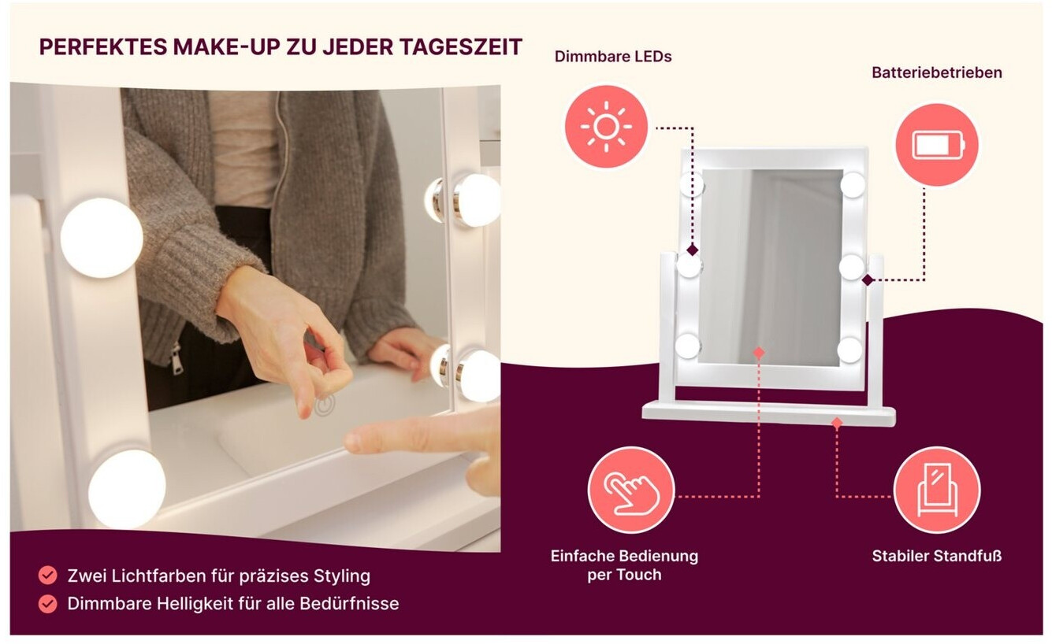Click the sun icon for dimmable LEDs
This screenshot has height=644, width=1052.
606,127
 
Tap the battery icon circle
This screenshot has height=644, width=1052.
938,144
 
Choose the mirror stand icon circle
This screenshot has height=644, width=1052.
937,490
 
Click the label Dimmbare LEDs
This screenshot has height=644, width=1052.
613,57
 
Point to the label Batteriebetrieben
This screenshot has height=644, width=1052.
937,72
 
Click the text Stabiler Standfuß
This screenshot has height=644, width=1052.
937,557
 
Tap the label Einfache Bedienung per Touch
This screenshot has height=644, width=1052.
624,565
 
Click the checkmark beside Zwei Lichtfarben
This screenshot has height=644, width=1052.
48,575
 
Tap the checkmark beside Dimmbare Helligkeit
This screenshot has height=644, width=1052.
48,604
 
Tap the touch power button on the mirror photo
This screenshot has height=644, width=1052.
325,405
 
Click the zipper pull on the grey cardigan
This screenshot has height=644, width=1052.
176,359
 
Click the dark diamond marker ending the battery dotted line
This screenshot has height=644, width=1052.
868,280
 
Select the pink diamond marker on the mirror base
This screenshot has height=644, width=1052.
836,424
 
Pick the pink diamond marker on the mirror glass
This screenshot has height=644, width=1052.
759,353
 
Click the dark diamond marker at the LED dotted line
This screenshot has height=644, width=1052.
692,250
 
